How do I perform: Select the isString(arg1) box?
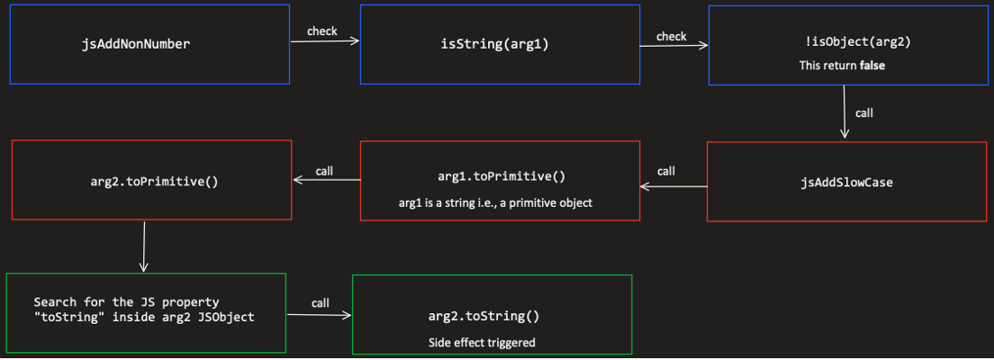click(x=500, y=44)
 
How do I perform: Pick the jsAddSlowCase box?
click(x=846, y=181)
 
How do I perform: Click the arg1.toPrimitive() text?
click(x=500, y=175)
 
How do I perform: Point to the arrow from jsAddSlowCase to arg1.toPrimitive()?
click(x=673, y=186)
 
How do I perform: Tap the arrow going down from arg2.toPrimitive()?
click(x=143, y=247)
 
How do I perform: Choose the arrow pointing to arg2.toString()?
click(x=319, y=315)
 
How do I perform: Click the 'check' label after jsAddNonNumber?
click(x=321, y=31)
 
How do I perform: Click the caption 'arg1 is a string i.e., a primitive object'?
click(x=495, y=202)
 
